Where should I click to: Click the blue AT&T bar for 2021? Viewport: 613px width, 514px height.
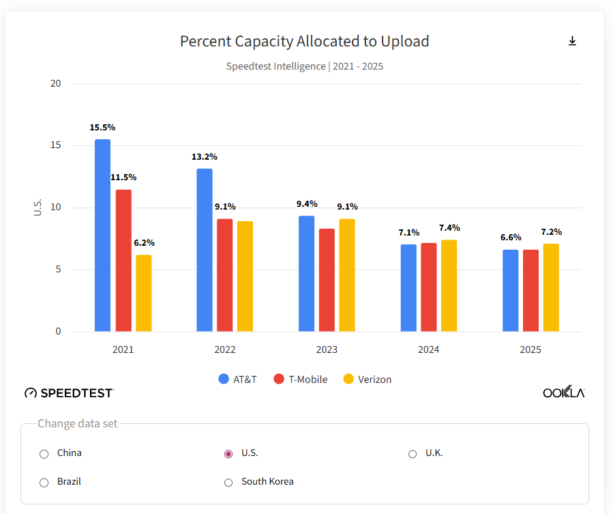pos(102,235)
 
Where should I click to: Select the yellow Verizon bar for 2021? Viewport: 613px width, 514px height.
pos(143,294)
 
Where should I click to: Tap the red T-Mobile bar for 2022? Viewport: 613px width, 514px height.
pos(224,275)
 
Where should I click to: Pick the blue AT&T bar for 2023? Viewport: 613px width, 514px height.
pos(306,274)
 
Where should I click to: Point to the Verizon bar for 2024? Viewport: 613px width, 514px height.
pos(449,286)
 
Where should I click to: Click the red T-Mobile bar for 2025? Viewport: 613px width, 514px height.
pos(530,291)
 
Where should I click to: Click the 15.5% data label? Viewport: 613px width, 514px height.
pos(102,128)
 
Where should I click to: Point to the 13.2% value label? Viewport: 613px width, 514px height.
pos(205,157)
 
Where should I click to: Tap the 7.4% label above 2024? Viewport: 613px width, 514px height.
pos(449,228)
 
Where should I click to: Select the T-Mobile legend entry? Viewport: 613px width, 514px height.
pos(300,380)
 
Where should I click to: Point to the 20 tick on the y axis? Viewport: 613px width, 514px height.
pos(55,84)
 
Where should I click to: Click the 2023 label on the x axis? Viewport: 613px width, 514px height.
pos(327,349)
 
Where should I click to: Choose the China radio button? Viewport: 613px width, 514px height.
pos(44,454)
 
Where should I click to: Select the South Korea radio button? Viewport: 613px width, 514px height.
pos(228,483)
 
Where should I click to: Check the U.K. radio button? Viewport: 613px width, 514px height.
pos(413,454)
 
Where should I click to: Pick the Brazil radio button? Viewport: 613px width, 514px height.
pos(44,483)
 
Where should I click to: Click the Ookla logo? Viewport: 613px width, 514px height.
pos(563,392)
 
